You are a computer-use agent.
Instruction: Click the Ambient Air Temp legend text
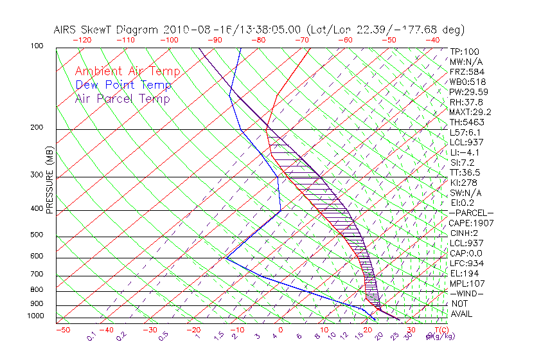point(127,71)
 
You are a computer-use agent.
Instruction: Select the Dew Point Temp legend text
point(123,85)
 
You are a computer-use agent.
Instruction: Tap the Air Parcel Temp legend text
point(122,98)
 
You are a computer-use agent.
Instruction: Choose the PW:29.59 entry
point(469,92)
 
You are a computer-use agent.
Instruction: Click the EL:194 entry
point(465,273)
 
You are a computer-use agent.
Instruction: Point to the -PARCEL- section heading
point(471,213)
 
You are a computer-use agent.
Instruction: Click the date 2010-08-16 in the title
point(191,30)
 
